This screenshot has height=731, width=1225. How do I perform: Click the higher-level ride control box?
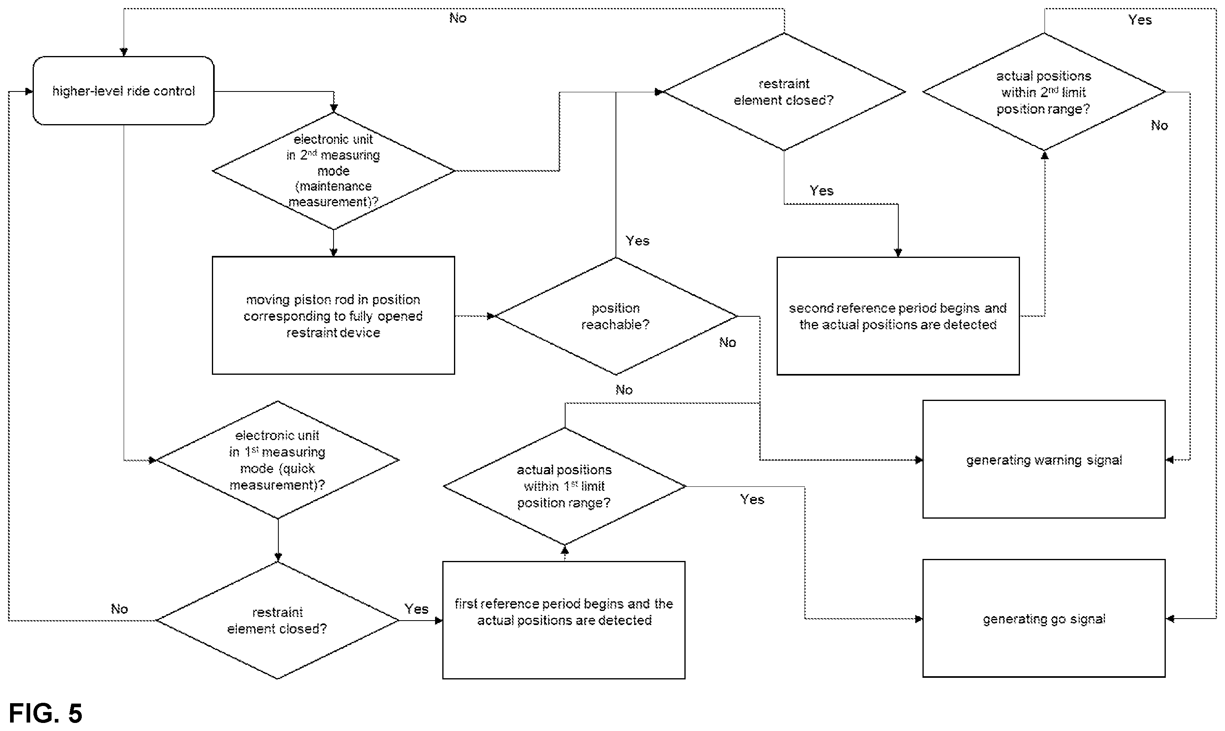pos(124,91)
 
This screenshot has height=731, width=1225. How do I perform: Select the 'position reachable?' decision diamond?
pos(616,316)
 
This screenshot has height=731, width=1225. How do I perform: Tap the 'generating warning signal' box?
pos(1044,459)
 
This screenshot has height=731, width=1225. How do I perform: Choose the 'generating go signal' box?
pos(1044,618)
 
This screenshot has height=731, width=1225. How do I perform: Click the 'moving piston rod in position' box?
pos(333,315)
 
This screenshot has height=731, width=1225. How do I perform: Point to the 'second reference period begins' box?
pos(898,316)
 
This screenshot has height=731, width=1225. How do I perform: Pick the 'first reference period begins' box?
pos(564,620)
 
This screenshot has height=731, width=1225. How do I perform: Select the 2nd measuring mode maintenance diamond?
pos(333,171)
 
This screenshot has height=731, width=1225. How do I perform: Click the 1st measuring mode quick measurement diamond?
pos(278,459)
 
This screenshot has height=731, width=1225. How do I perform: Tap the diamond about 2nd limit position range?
pos(1044,91)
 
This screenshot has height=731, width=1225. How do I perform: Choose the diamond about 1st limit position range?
pos(565,486)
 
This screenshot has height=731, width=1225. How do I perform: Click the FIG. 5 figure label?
pos(45,713)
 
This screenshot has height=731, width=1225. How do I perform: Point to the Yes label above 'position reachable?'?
pos(637,241)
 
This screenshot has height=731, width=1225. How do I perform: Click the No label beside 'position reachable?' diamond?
pos(727,343)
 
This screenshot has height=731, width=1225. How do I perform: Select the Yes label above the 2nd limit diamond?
pos(1140,20)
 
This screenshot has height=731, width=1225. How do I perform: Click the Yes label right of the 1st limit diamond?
pos(752,499)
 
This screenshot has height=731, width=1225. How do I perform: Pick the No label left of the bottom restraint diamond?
pos(119,609)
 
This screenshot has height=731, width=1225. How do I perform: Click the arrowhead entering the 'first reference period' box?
pos(439,621)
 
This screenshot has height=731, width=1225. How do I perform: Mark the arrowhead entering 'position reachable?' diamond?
pos(491,316)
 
